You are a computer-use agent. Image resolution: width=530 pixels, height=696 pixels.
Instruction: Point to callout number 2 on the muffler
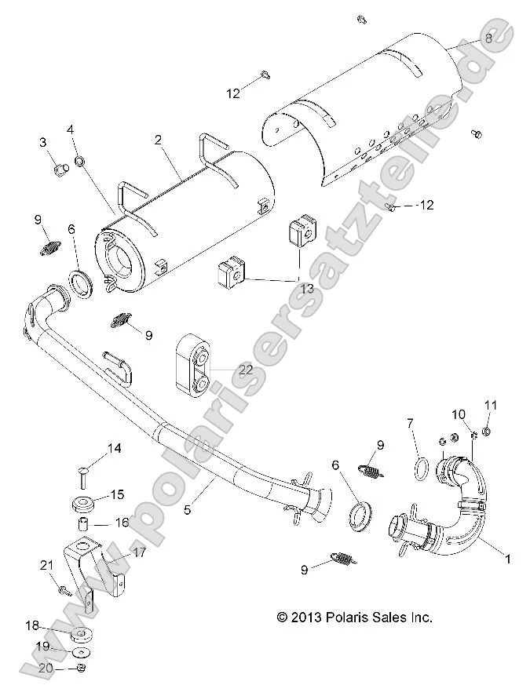(x=158, y=140)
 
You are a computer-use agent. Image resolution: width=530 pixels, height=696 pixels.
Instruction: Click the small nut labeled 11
(x=487, y=431)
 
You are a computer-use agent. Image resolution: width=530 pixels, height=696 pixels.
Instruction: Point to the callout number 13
(x=305, y=289)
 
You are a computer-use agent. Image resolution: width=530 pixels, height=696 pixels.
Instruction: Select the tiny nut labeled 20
(x=81, y=668)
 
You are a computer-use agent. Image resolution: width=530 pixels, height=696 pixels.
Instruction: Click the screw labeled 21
(x=64, y=591)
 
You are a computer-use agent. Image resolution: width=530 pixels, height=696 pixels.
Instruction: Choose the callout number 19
(x=43, y=647)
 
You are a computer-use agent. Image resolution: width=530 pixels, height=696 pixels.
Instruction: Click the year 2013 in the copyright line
(x=312, y=618)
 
